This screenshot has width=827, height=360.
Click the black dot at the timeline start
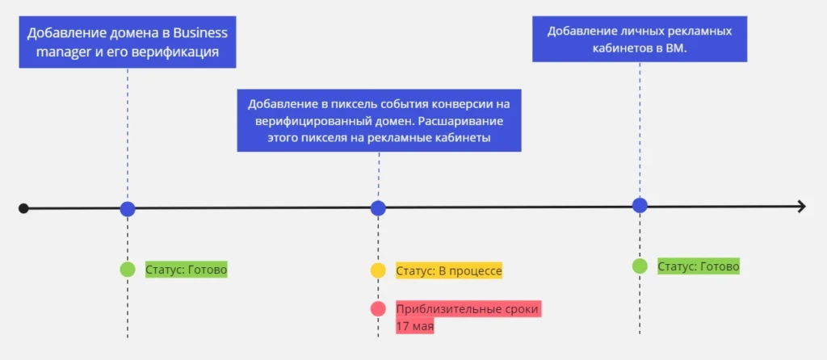(x=23, y=208)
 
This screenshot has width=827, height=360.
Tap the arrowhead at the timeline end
(x=802, y=207)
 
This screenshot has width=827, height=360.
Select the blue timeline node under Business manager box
(x=128, y=209)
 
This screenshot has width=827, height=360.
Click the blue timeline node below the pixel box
(x=378, y=208)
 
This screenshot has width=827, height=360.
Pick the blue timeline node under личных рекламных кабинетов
(x=640, y=205)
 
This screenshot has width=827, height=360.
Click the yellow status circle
(x=378, y=270)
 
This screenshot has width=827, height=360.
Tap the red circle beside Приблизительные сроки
(x=378, y=308)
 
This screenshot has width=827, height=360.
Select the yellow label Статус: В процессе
(x=449, y=271)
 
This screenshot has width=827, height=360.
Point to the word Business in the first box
(x=200, y=33)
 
